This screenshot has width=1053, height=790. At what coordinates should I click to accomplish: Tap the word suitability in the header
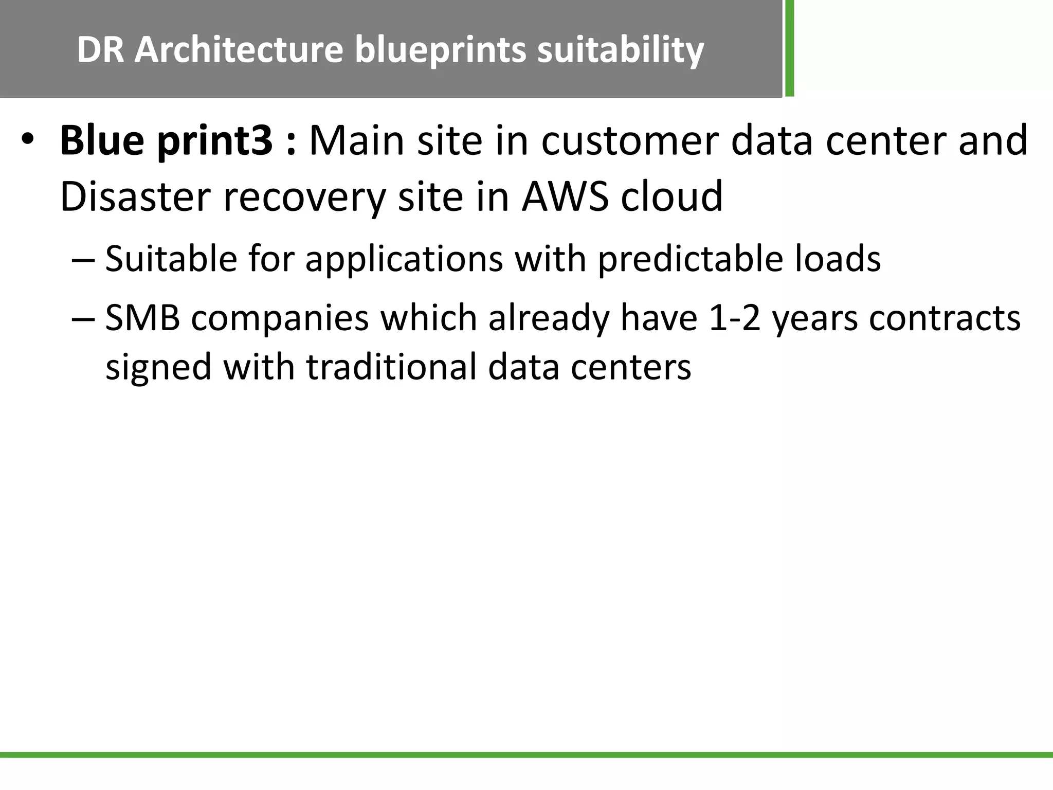tap(620, 50)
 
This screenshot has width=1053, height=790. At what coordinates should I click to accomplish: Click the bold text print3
tap(215, 140)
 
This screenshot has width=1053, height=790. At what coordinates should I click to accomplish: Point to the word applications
tap(404, 259)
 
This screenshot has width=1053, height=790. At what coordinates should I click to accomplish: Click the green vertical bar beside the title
tap(789, 48)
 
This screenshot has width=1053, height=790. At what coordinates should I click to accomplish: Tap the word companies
tap(280, 318)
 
